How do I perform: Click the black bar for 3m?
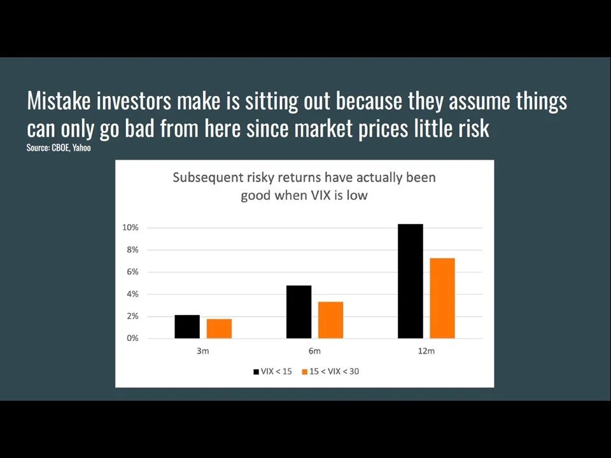pyautogui.click(x=187, y=326)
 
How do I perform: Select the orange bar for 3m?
pyautogui.click(x=219, y=328)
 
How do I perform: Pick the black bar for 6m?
pyautogui.click(x=298, y=312)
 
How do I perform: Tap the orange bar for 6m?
pyautogui.click(x=330, y=320)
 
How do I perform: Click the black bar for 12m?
pyautogui.click(x=410, y=281)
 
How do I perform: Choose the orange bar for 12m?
pyautogui.click(x=442, y=298)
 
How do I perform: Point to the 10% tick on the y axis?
pyautogui.click(x=130, y=228)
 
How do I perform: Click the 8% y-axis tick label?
pyautogui.click(x=132, y=250)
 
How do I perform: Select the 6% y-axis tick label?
pyautogui.click(x=132, y=272)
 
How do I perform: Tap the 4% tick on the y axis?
pyautogui.click(x=132, y=294)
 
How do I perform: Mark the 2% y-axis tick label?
pyautogui.click(x=132, y=316)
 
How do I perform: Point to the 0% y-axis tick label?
pyautogui.click(x=132, y=338)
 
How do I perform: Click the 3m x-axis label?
pyautogui.click(x=203, y=351)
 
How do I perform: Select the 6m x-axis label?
pyautogui.click(x=314, y=351)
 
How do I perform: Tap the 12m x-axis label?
pyautogui.click(x=426, y=351)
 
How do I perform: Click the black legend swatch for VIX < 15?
pyautogui.click(x=256, y=371)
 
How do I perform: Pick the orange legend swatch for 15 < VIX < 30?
pyautogui.click(x=305, y=371)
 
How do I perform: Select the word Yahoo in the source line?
pyautogui.click(x=81, y=148)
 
